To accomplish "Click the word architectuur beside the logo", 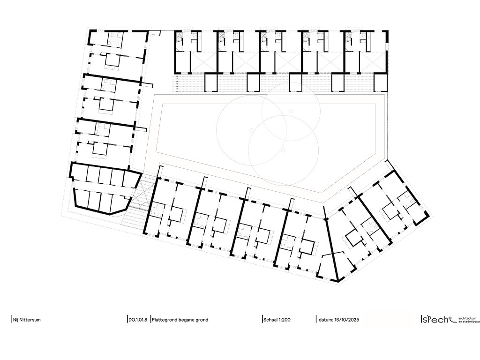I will click(x=467, y=317).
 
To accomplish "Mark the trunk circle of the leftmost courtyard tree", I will click(x=252, y=129).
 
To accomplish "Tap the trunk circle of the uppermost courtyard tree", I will click(x=291, y=112).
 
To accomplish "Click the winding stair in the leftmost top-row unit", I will click(x=180, y=40).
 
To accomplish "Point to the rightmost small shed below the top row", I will click(x=381, y=83).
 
